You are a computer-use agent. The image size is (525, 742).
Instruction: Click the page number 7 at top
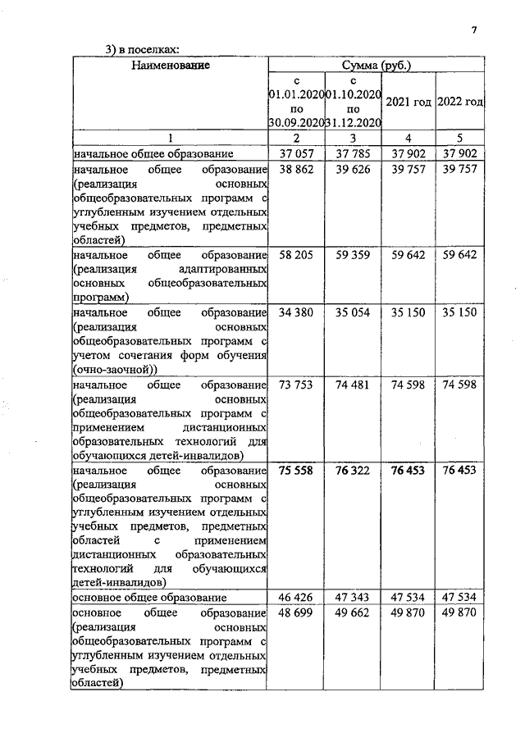coord(473,31)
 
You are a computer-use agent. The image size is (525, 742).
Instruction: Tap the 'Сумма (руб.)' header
coord(377,64)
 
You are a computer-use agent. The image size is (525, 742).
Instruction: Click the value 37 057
coord(297,153)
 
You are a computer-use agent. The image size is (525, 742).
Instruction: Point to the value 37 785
coord(353,153)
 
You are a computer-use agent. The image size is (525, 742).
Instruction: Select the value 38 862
coord(297,168)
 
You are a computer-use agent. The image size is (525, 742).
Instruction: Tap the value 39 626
coord(353,168)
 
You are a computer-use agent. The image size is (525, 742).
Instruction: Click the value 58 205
coord(297,255)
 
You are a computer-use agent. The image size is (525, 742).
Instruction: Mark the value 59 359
coord(353,255)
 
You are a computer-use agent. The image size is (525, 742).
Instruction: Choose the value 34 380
coord(297,312)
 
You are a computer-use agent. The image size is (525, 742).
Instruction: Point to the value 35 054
coord(353,312)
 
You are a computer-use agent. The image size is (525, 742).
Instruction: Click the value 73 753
coord(297,385)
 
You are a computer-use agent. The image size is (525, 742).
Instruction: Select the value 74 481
coord(353,385)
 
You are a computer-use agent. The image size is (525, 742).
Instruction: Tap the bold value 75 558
coord(297,471)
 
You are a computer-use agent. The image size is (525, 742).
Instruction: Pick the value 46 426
coord(297,597)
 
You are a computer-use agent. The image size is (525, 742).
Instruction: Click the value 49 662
coord(353,612)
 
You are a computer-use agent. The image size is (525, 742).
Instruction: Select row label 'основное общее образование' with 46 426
coord(148,597)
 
